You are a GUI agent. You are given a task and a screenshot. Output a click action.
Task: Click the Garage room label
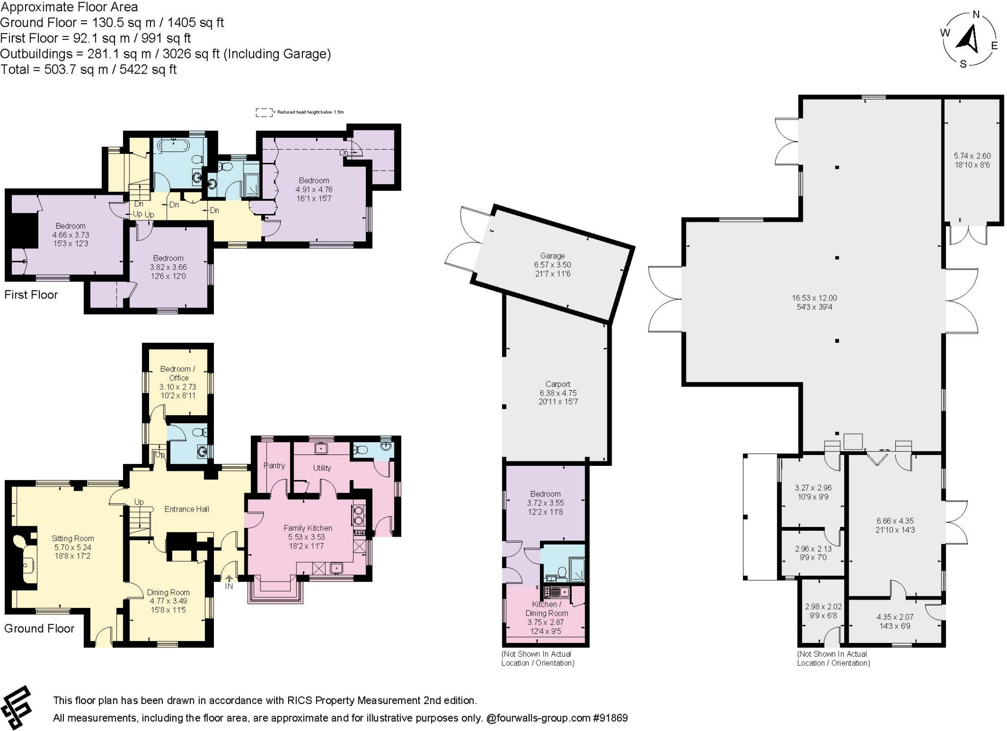coord(552,256)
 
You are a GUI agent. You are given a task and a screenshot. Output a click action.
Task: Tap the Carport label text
coord(558,384)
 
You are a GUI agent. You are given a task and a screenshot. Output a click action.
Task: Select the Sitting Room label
coord(73,538)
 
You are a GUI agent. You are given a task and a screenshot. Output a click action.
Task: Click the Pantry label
coord(274,465)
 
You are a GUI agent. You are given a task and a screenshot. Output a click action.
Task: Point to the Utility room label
coord(322,468)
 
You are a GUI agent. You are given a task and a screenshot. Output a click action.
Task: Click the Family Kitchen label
coord(308,528)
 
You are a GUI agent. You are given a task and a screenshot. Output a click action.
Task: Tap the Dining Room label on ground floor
coord(168,592)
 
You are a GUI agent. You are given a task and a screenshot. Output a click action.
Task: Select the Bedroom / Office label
coord(178,373)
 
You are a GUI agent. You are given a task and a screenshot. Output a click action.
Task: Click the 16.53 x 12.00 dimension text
coord(814,298)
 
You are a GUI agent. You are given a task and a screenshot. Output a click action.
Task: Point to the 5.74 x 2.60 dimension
coord(972,156)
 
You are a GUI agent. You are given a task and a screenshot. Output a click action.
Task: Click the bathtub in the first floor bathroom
coord(173,146)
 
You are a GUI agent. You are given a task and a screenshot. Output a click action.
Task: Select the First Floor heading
coord(31,295)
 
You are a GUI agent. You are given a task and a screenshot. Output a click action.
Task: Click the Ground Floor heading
coord(39,628)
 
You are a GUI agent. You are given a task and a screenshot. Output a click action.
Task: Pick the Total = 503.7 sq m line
coord(89,69)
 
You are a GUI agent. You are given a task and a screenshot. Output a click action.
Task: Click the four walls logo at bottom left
coord(16,707)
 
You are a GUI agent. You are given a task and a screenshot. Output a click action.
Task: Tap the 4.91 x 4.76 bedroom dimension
coord(314,189)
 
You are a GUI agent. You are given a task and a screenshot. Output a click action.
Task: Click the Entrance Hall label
coord(186,509)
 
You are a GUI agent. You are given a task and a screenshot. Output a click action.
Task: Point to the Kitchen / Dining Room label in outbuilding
coord(546,609)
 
